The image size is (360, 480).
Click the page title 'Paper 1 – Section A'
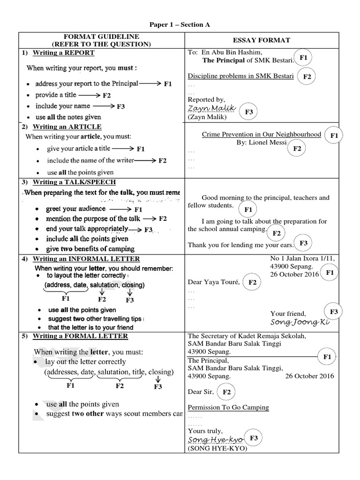[x=180, y=25]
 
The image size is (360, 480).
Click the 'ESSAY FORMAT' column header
[x=262, y=40]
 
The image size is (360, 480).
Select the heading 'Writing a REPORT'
[x=63, y=53]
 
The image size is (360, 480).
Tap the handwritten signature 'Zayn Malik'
[x=210, y=108]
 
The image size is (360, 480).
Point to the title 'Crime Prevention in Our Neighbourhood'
[x=262, y=135]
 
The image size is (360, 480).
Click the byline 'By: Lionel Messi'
[x=262, y=142]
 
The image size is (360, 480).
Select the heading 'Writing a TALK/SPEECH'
[x=74, y=182]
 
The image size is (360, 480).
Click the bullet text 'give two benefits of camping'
[x=90, y=249]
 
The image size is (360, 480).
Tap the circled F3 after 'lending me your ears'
[x=303, y=243]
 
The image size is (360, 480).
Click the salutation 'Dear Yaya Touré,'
[x=214, y=282]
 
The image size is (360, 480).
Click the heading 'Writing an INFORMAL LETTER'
[x=86, y=259]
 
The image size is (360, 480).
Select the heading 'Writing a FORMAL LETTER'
[x=80, y=336]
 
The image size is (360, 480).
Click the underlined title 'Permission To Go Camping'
[x=228, y=407]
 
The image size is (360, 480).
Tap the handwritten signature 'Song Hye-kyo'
[x=215, y=440]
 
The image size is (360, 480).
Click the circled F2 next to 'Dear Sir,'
[x=227, y=392]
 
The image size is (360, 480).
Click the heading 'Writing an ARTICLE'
[x=67, y=127]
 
